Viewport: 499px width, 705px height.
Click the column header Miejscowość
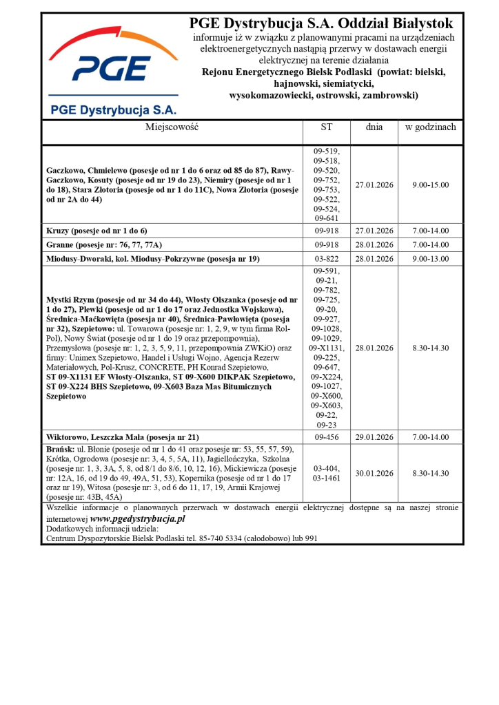pos(172,127)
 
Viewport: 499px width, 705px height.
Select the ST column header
pos(326,127)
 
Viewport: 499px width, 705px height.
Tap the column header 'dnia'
pos(374,127)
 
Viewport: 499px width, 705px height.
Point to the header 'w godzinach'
pos(430,127)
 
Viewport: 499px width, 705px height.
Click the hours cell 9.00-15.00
pos(430,185)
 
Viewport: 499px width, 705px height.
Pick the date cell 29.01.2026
pos(374,437)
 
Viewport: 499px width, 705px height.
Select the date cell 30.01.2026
pos(374,473)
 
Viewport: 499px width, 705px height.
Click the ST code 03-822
pos(326,259)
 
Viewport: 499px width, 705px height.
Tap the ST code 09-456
pos(326,437)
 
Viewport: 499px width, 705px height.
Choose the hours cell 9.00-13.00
pos(430,259)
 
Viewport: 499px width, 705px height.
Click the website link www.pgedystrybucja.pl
pos(138,518)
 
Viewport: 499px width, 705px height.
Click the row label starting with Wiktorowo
pos(122,437)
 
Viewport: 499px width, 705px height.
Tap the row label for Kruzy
pos(96,231)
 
